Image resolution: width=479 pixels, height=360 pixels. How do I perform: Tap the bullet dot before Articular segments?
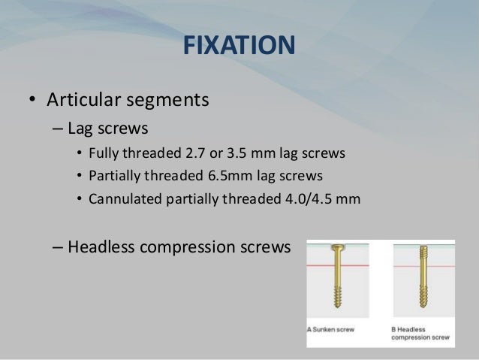pos(32,100)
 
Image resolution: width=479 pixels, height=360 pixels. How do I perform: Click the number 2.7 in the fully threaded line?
pos(191,153)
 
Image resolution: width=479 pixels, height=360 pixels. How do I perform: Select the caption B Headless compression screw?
pos(420,333)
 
